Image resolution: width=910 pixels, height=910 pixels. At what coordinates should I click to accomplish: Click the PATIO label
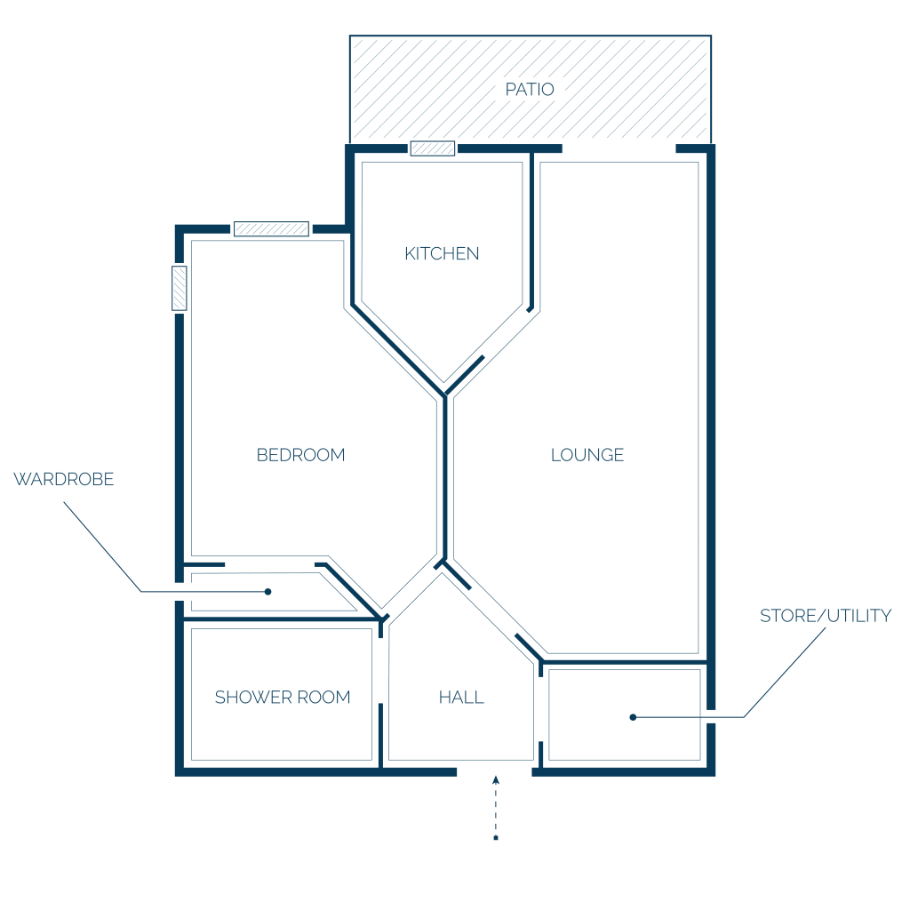pos(530,90)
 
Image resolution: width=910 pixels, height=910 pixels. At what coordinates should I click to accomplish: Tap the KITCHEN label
pos(442,253)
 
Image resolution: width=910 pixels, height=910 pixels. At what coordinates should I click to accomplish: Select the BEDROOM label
pos(300,455)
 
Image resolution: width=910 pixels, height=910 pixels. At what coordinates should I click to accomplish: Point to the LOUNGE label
pos(587,455)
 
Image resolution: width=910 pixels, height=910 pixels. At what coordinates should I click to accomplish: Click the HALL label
pos(461,697)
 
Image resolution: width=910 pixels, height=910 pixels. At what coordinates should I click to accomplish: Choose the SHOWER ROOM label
pos(283,697)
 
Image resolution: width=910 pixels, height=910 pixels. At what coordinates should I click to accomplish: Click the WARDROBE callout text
pos(64,479)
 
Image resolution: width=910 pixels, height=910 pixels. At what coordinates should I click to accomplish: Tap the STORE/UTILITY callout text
pos(826,616)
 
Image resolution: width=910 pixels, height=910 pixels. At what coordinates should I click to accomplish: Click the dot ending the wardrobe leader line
pos(267,592)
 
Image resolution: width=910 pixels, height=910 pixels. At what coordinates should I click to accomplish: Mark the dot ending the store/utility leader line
pos(633,717)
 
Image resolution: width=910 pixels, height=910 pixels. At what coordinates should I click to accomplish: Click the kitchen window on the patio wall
pos(433,148)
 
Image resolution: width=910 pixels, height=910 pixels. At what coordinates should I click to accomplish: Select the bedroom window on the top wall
pos(271,228)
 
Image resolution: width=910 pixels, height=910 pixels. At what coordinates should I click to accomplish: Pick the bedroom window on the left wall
pos(180,288)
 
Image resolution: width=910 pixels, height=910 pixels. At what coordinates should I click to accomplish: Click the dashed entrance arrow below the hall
pos(496,808)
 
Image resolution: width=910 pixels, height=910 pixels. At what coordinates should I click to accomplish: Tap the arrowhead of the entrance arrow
pos(496,780)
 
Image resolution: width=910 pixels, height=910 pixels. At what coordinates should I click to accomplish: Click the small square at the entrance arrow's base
pos(496,838)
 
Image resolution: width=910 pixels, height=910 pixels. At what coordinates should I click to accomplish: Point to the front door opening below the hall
pos(494,772)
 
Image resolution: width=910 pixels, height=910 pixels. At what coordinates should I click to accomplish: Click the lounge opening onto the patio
pos(619,148)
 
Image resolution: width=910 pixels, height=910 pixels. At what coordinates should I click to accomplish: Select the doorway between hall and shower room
pos(380,671)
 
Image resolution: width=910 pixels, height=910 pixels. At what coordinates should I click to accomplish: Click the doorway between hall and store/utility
pos(541,709)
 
